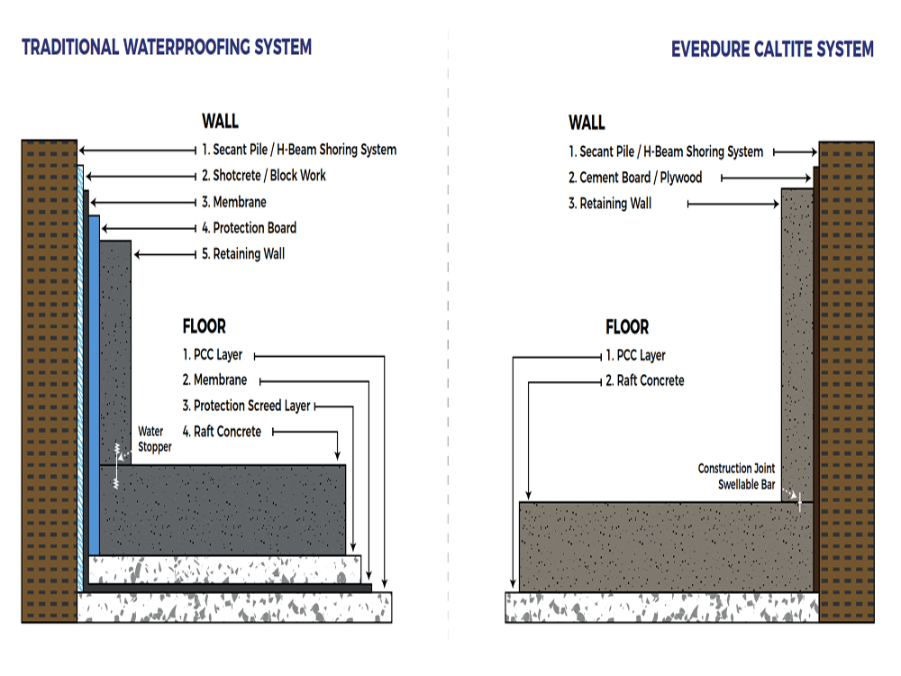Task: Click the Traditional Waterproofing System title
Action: [x=167, y=47]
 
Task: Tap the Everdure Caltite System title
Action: [x=772, y=49]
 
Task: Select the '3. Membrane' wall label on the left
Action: [x=233, y=202]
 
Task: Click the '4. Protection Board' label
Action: [x=249, y=228]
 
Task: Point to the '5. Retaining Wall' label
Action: [x=242, y=254]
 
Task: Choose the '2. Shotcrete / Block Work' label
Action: [x=263, y=176]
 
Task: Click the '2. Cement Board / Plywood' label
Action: [x=634, y=178]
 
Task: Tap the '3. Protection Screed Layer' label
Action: [x=246, y=406]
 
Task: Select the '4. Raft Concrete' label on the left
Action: [x=222, y=432]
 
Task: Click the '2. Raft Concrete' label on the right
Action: [x=644, y=381]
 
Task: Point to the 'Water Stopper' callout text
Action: [x=154, y=439]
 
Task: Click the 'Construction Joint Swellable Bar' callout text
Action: [x=736, y=476]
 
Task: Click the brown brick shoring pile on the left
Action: [x=49, y=379]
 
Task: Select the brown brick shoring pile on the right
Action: [x=846, y=379]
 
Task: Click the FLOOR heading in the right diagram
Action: [x=626, y=327]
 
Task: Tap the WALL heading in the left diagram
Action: [x=220, y=122]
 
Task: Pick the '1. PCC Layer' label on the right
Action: [x=635, y=355]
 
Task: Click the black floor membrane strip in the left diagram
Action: [x=225, y=588]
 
